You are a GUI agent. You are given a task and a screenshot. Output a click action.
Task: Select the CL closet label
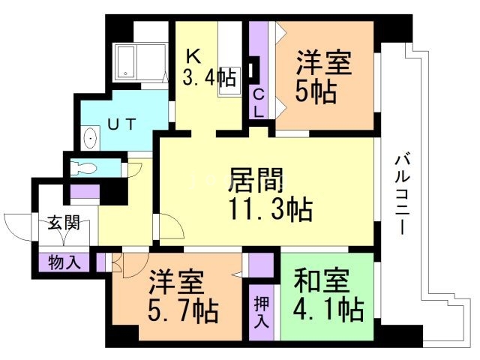pyautogui.click(x=257, y=102)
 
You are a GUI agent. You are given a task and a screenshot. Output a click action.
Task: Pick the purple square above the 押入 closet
pyautogui.click(x=261, y=267)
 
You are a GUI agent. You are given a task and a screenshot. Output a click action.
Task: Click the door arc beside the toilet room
pyautogui.click(x=136, y=169)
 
